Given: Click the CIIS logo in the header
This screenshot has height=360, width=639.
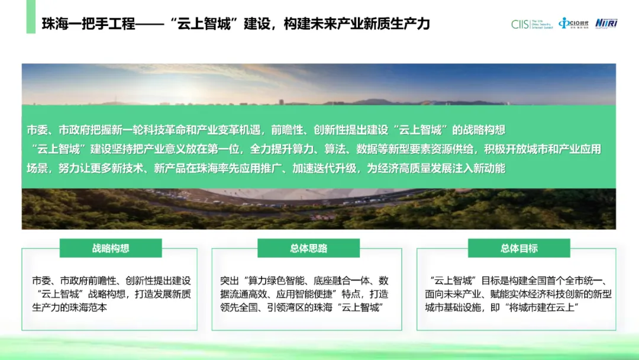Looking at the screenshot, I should pos(532,24).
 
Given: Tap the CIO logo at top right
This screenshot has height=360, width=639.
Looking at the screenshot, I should pos(573,24).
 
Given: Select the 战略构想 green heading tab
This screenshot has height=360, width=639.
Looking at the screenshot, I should pos(111,248).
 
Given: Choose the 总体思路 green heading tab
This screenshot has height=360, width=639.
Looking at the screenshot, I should pos(308,248).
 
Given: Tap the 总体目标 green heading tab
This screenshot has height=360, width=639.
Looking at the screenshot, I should pos(519,248).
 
